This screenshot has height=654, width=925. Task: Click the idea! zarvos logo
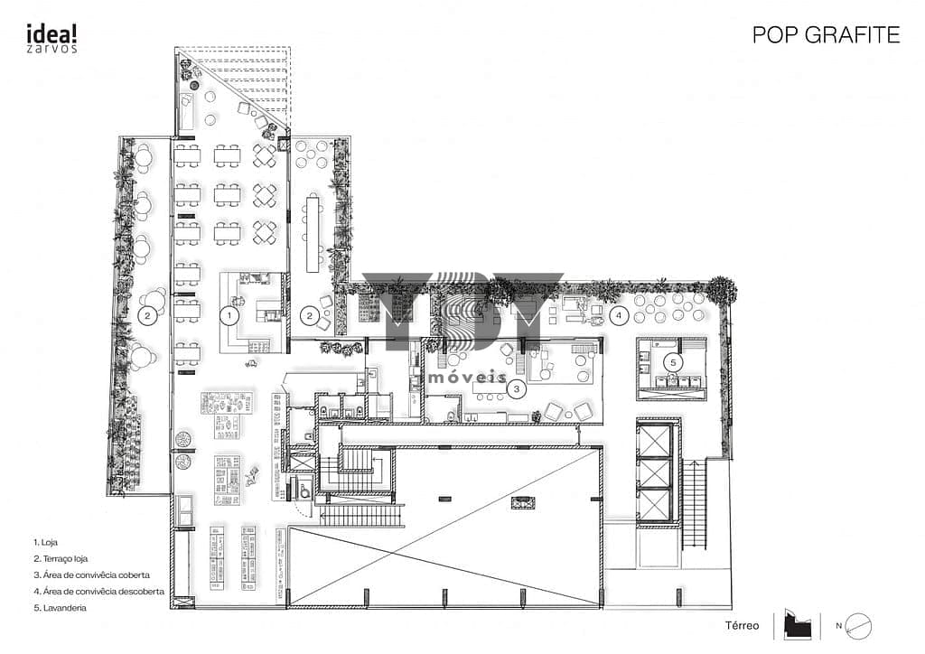click(x=51, y=39)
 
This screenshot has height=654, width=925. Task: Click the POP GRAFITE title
click(x=826, y=35)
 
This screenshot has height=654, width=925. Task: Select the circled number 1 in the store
click(x=229, y=315)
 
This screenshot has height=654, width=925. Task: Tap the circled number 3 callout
click(x=517, y=389)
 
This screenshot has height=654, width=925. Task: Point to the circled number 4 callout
click(x=619, y=315)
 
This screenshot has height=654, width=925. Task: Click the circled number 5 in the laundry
click(x=673, y=362)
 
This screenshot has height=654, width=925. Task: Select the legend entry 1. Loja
click(x=45, y=542)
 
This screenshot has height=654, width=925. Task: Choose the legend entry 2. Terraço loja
click(x=61, y=558)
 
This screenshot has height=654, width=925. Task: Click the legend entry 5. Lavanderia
click(x=61, y=607)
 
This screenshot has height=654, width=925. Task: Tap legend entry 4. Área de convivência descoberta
click(x=98, y=591)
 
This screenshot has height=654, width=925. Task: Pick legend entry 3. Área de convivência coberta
click(x=91, y=575)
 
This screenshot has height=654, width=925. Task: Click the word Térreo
click(x=743, y=626)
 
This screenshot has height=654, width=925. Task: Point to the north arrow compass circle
click(x=858, y=626)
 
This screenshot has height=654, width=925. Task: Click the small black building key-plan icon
click(x=798, y=625)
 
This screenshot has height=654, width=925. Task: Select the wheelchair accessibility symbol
click(x=305, y=489)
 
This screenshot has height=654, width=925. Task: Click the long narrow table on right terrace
click(x=312, y=234)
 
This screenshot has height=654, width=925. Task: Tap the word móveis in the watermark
click(x=467, y=377)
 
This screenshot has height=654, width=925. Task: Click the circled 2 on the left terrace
click(x=147, y=315)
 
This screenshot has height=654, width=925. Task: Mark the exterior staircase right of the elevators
click(x=695, y=504)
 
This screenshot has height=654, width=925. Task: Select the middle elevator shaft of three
click(x=654, y=472)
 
